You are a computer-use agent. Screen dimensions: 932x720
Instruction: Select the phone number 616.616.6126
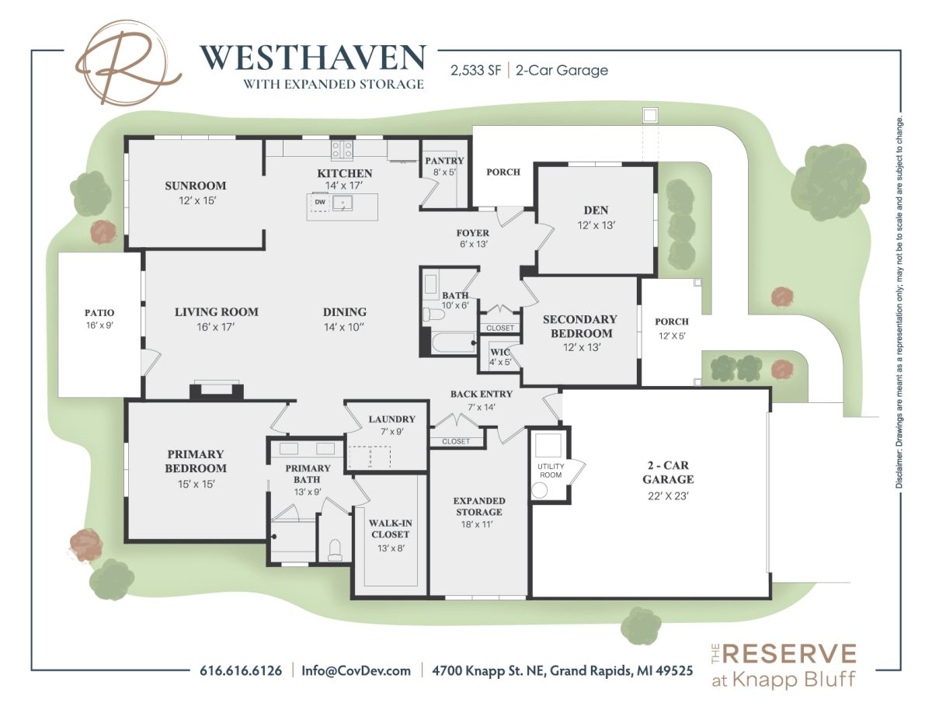click(x=241, y=670)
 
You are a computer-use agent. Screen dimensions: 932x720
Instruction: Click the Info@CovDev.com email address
click(x=356, y=670)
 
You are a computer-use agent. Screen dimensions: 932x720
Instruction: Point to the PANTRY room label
click(x=444, y=160)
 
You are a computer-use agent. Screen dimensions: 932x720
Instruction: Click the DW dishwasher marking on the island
click(x=320, y=202)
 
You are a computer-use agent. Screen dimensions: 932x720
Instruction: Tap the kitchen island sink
click(x=343, y=203)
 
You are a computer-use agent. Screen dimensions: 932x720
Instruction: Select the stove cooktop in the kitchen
click(x=342, y=151)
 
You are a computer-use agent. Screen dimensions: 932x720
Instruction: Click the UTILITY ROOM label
click(x=551, y=471)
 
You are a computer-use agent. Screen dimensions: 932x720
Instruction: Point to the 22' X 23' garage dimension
click(x=668, y=496)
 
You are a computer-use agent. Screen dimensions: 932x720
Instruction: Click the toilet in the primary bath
click(x=334, y=550)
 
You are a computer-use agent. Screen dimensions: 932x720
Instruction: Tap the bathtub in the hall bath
click(x=453, y=343)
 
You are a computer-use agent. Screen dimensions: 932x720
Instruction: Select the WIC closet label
click(x=500, y=352)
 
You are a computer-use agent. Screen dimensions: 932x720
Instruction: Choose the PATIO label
click(x=99, y=313)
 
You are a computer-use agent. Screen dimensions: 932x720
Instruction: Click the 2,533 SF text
click(x=475, y=71)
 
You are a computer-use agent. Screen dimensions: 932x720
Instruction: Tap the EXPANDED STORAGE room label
click(x=479, y=506)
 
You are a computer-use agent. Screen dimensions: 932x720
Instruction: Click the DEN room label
click(x=596, y=210)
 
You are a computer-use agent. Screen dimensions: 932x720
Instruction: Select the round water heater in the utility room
click(x=540, y=490)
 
